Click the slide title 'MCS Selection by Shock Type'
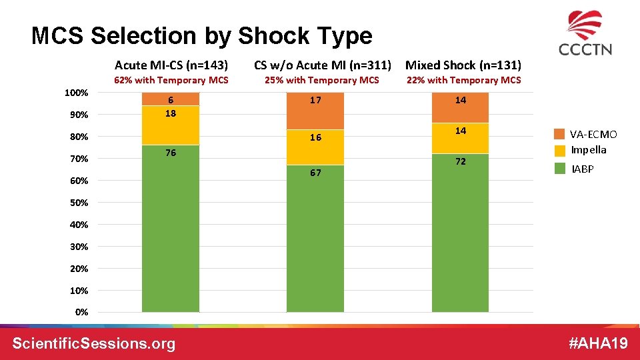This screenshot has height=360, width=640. tap(201, 36)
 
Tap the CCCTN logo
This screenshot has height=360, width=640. tap(585, 33)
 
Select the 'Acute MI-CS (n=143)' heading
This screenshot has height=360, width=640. tap(171, 65)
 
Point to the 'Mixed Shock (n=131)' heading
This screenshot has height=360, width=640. tap(463, 65)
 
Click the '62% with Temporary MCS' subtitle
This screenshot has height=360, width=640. tap(171, 80)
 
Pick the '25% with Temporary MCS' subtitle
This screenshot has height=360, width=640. tap(322, 80)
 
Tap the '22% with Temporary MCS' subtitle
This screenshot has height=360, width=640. tap(464, 80)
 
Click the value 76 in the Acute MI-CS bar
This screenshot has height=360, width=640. tap(171, 153)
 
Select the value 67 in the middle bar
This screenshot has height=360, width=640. tap(315, 173)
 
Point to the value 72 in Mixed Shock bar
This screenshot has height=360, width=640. tap(461, 162)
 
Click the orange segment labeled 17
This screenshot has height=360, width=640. tap(315, 110)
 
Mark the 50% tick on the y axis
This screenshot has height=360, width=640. tap(79, 203)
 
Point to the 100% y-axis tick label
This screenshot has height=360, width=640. tap(77, 92)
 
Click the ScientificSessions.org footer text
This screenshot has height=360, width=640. tap(94, 343)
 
